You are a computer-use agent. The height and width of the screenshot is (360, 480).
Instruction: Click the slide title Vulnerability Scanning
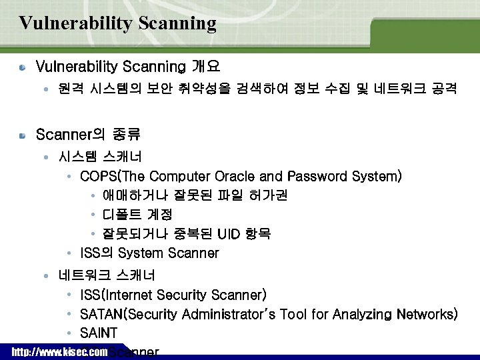click(x=118, y=23)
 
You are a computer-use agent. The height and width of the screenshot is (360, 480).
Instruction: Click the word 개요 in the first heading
click(x=205, y=67)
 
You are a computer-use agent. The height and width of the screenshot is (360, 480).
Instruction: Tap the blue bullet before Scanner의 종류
click(x=22, y=135)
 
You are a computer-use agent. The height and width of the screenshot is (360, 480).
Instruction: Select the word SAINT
click(x=99, y=333)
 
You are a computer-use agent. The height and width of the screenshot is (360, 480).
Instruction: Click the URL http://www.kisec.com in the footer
click(x=60, y=351)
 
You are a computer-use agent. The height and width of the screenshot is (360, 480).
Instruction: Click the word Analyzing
click(x=357, y=314)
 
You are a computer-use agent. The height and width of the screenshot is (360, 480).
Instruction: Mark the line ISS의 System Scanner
click(x=149, y=253)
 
